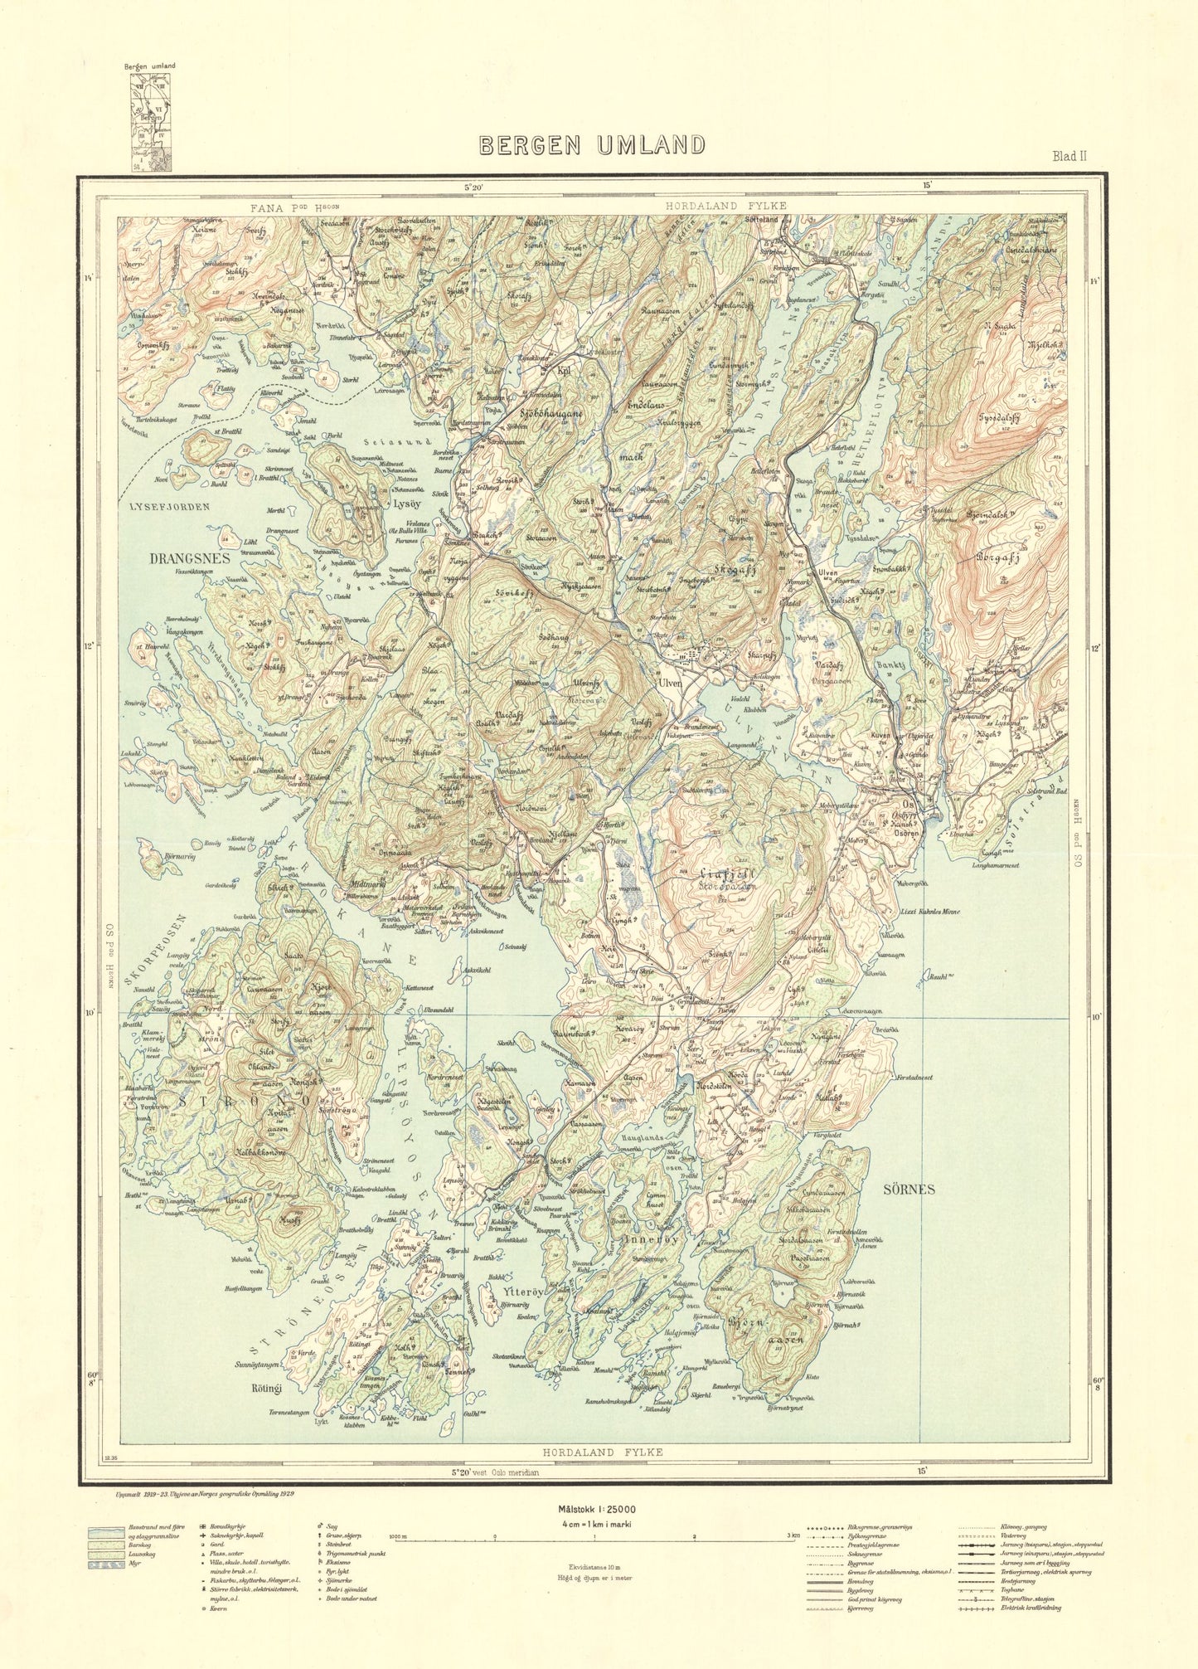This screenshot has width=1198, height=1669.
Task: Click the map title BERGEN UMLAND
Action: [592, 146]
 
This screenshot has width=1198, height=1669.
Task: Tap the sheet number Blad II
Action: [1069, 156]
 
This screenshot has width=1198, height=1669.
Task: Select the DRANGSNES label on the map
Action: [189, 558]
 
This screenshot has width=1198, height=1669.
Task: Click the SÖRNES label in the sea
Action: [909, 1189]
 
